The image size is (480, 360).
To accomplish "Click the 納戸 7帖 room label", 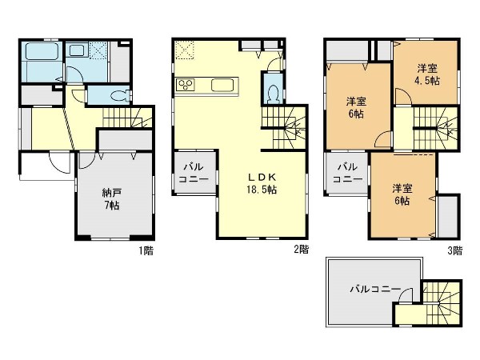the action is (x=112, y=199).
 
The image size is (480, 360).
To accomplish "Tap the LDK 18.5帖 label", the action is (x=262, y=183).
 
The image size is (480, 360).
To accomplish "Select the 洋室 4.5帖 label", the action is (x=428, y=74).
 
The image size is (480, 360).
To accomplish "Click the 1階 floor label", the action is (x=146, y=250).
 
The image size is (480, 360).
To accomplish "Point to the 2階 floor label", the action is (x=302, y=249).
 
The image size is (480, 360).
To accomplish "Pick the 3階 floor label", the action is (x=455, y=250).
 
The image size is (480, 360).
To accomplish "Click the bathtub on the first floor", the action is (x=42, y=51).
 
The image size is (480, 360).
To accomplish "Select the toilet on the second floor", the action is (x=273, y=92).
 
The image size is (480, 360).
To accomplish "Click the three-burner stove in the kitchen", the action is (x=186, y=85).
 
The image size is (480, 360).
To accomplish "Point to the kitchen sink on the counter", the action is (x=222, y=85).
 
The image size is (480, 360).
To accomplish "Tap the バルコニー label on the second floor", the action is (x=194, y=174).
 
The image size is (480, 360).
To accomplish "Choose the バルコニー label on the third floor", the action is (x=348, y=173).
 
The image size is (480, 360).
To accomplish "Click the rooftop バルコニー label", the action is (x=375, y=289).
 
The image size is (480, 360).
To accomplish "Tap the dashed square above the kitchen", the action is (x=185, y=50).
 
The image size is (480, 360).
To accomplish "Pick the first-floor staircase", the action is (x=127, y=118).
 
